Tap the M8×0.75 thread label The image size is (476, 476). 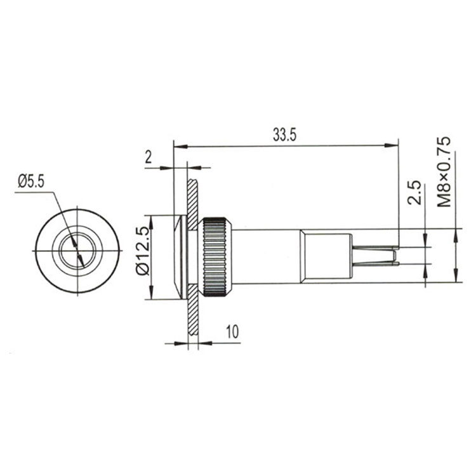[x=444, y=172]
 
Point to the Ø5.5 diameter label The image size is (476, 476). [x=31, y=182]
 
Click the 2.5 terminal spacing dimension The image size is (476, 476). [x=415, y=192]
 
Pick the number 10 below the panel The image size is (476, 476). [x=232, y=331]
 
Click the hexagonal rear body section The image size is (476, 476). [x=326, y=256]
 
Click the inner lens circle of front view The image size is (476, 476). [x=77, y=251]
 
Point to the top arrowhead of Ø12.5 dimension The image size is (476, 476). [x=151, y=219]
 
